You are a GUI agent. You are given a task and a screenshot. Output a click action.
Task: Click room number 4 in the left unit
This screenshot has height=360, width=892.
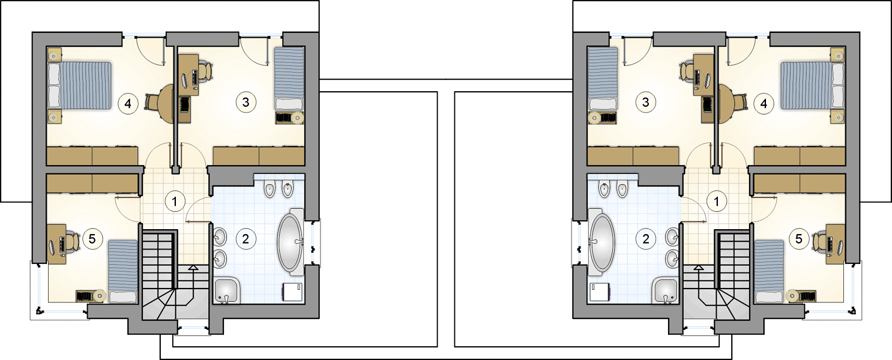point(128,104)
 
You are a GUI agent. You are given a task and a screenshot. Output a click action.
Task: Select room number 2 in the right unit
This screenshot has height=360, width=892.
point(645,239)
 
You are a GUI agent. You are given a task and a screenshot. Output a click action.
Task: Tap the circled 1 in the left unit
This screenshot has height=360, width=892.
point(175,202)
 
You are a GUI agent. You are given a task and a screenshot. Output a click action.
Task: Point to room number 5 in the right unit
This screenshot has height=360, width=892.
point(798,239)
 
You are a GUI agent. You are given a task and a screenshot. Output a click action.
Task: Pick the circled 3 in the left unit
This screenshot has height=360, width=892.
point(246,102)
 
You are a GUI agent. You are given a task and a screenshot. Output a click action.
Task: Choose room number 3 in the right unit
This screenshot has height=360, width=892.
point(645,102)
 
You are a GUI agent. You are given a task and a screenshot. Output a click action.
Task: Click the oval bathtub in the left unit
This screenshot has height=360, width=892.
point(291,242)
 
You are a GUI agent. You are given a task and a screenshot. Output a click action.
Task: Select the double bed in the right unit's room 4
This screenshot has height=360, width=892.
point(813,85)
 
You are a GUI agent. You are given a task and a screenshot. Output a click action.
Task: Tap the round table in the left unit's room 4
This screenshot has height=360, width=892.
point(166,104)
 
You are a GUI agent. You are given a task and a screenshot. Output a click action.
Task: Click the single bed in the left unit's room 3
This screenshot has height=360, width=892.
point(289,79)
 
